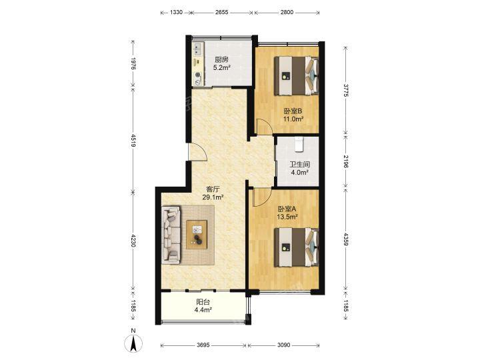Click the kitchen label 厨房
click(x=221, y=60)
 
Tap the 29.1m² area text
click(x=213, y=197)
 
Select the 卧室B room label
click(x=293, y=111)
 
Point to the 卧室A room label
click(x=287, y=209)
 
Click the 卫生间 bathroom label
click(x=300, y=165)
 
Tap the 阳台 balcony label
click(x=203, y=302)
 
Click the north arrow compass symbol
click(x=133, y=342)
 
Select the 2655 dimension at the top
click(x=221, y=12)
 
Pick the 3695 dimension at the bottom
click(x=203, y=345)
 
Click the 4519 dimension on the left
click(x=133, y=141)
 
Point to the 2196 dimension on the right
click(x=345, y=161)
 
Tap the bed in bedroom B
click(x=296, y=75)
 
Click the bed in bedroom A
click(x=296, y=247)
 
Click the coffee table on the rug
click(x=197, y=235)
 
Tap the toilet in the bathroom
click(x=299, y=144)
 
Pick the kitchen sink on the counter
click(x=197, y=49)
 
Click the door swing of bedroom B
click(x=264, y=127)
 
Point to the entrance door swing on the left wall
click(x=198, y=151)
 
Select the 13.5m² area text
click(x=287, y=217)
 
